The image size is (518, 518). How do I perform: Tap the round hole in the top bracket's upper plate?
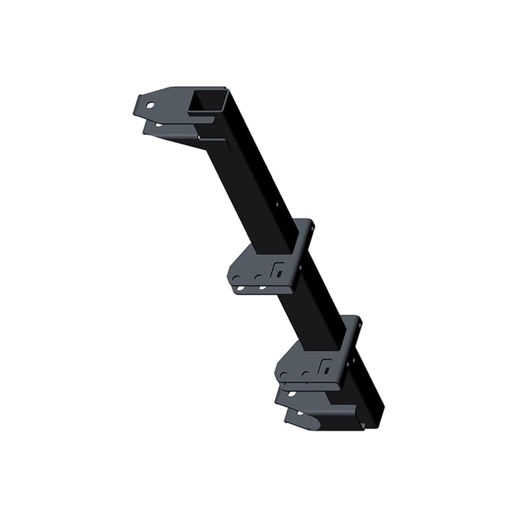(x=150, y=107)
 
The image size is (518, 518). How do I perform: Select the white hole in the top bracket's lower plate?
(x=158, y=124)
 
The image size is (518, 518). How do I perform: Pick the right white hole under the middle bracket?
(x=262, y=287)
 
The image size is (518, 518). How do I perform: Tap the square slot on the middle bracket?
(x=278, y=269)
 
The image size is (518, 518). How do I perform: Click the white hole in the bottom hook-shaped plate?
(x=300, y=413)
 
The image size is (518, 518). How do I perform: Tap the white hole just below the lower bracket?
(x=292, y=393)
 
